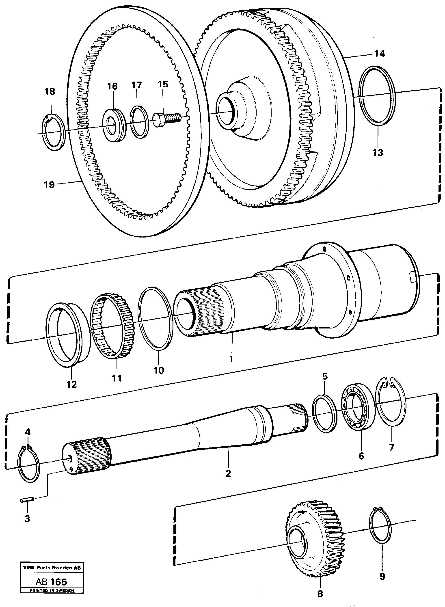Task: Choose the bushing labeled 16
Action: point(115,124)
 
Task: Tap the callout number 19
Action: point(50,185)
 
